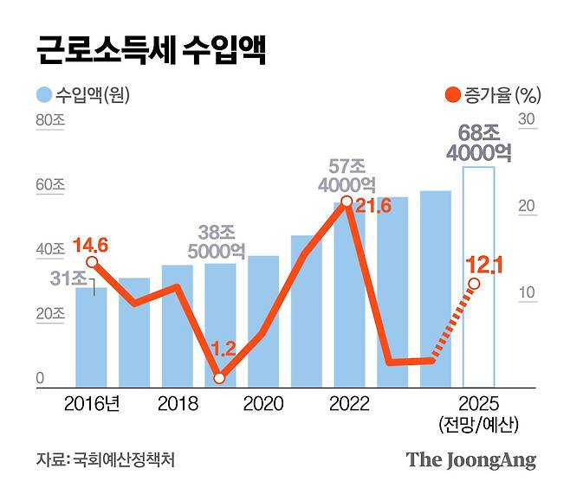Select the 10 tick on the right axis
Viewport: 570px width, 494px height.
(x=528, y=294)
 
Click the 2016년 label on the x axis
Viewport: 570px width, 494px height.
(x=92, y=404)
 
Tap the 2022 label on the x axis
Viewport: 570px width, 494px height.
(x=349, y=404)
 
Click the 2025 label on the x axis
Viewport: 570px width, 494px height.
(x=478, y=404)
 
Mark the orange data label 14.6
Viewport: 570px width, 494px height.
(x=90, y=245)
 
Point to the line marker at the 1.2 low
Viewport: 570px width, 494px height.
(x=220, y=378)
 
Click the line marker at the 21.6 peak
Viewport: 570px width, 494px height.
(x=347, y=202)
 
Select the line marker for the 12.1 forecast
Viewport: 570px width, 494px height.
(x=474, y=284)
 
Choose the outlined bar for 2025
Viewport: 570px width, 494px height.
(x=478, y=277)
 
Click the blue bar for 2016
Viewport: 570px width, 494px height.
(x=91, y=337)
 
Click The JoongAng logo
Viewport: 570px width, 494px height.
(x=471, y=459)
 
